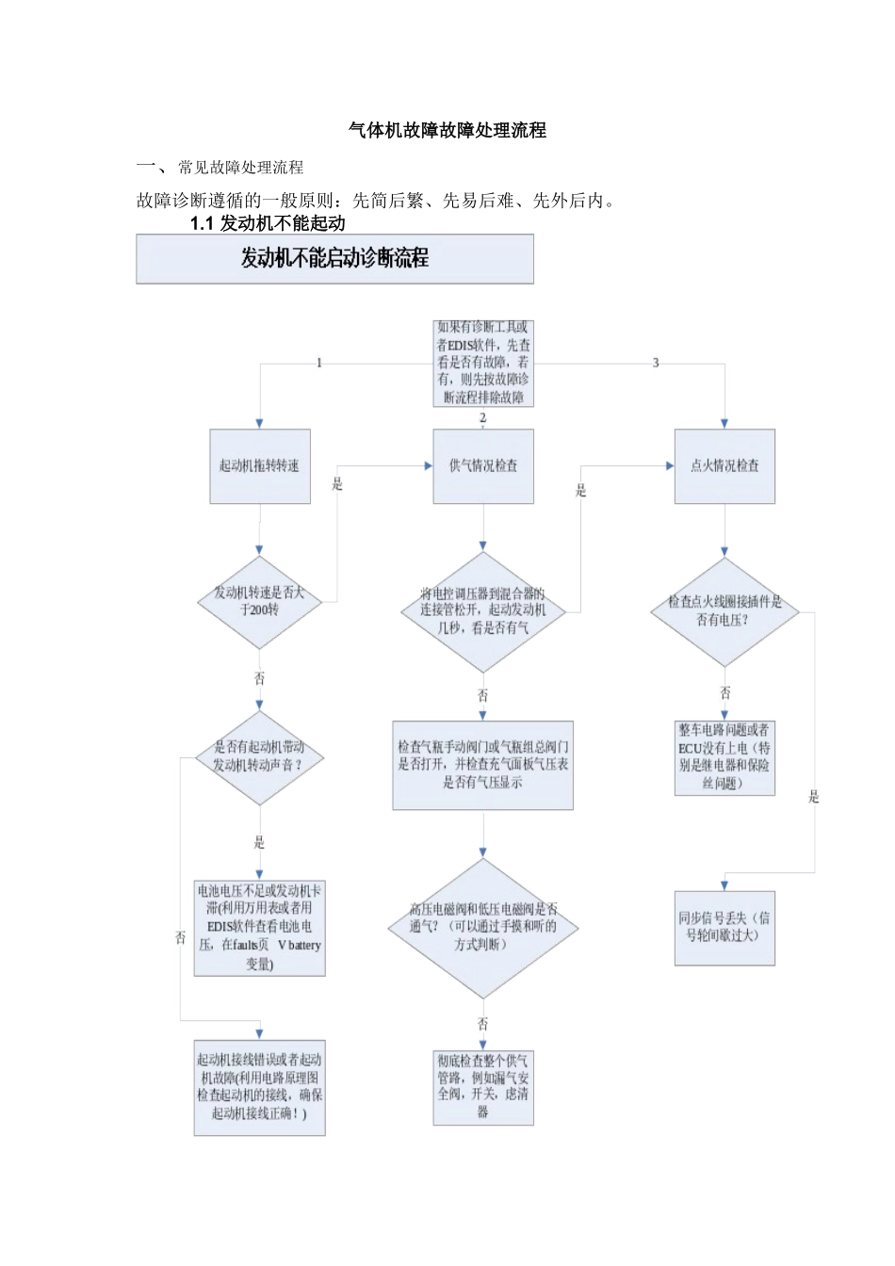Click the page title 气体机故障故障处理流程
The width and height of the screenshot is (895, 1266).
pos(447,131)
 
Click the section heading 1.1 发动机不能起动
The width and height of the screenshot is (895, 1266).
pos(268,223)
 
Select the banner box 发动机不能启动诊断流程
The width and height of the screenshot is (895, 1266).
pos(334,259)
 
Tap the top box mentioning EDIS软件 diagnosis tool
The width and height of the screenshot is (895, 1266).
pos(483,363)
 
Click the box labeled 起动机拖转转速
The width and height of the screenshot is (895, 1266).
pos(259,466)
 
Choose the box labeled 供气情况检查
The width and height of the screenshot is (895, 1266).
pos(483,466)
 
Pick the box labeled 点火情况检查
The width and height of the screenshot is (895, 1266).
pos(724,466)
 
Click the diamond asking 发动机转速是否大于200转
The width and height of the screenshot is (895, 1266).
pos(259,601)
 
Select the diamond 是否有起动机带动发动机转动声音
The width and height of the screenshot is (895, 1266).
pos(259,756)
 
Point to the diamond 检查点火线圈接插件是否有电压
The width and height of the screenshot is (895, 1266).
pos(724,610)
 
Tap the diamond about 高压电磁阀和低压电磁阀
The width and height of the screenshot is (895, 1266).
pos(483,927)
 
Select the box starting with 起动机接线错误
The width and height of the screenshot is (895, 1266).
pos(259,1087)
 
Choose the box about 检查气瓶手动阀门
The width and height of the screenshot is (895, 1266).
pos(483,765)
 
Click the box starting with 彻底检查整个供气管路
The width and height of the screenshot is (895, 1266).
pos(483,1087)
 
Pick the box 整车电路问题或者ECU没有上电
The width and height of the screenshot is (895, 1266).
pos(724,757)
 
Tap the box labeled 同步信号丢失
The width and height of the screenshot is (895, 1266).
pos(724,928)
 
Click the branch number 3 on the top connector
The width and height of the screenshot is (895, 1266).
pos(656,364)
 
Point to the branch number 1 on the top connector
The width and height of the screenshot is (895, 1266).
pos(319,364)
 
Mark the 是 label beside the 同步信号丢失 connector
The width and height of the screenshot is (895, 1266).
pos(814,798)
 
